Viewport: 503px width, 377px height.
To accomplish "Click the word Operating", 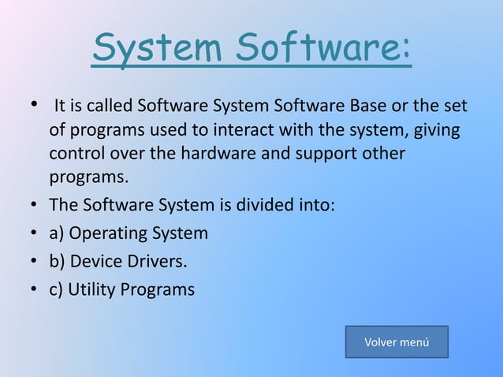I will [108, 233].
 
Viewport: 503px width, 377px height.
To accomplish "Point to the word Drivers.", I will [157, 261].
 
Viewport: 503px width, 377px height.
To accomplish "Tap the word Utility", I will [92, 289].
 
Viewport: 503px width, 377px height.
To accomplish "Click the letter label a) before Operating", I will [58, 233].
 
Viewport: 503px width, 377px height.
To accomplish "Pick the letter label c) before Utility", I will [57, 289].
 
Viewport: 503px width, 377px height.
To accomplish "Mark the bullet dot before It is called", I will [35, 106].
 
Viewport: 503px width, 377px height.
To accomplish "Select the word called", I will [110, 106].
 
